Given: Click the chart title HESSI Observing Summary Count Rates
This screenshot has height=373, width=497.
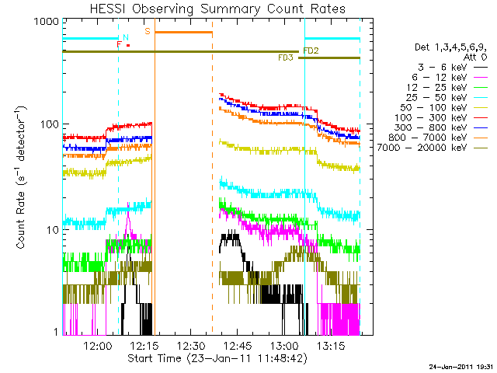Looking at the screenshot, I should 218,9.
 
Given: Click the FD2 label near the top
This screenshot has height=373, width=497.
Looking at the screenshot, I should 311,51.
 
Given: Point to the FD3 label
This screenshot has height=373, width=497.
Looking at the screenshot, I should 286,58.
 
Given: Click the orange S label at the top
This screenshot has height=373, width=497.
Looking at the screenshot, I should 148,31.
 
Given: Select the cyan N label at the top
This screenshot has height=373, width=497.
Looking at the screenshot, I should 126,37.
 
